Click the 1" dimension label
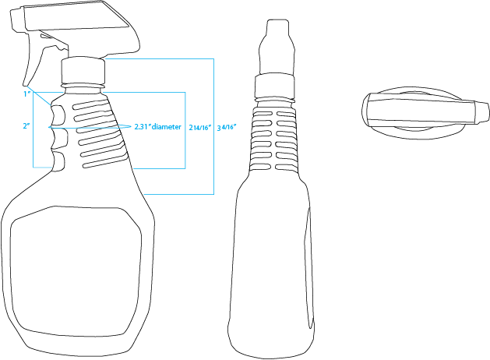coord(26,94)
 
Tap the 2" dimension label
coord(26,125)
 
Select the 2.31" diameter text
coord(157,126)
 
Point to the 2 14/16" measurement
coord(200,127)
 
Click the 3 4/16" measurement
coord(227,127)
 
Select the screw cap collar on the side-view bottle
coord(83,71)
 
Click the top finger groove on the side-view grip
coord(58,114)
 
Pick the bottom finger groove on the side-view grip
coord(59,161)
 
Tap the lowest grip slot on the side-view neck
coord(104,161)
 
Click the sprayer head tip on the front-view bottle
coord(277,26)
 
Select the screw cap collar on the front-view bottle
coord(274,85)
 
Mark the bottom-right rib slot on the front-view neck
coord(286,168)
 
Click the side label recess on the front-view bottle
coord(309,269)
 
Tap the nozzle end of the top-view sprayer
coord(482,112)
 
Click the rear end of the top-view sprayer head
coord(365,109)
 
